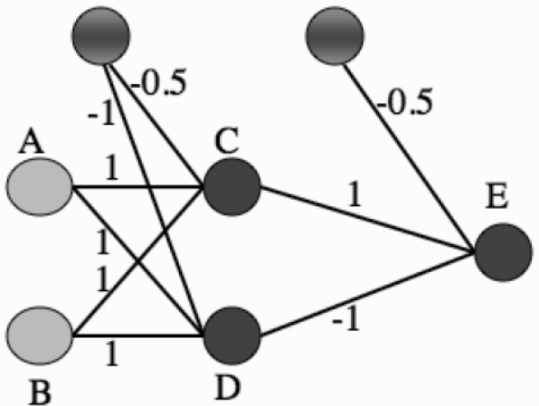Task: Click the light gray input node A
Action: coord(40,187)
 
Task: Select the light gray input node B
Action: coord(40,335)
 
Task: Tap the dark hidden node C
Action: coord(232,187)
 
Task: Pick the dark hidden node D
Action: coord(232,335)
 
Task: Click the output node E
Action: coord(503,252)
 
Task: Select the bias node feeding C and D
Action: coord(100,35)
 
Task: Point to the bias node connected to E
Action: coord(335,35)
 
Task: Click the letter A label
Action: coord(32,140)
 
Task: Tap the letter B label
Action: coord(40,393)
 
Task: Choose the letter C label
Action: coord(226,140)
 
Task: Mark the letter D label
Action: coord(227,388)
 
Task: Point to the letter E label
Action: coord(496,196)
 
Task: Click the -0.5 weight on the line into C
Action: coord(159,81)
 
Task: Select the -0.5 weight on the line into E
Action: coord(404,101)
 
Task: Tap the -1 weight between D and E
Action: coord(346,319)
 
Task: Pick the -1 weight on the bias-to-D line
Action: coord(100,114)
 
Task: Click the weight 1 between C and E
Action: coord(355,194)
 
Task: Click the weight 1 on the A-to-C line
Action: coord(112,168)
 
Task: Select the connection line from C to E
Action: coord(367,220)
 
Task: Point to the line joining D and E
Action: coord(367,294)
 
